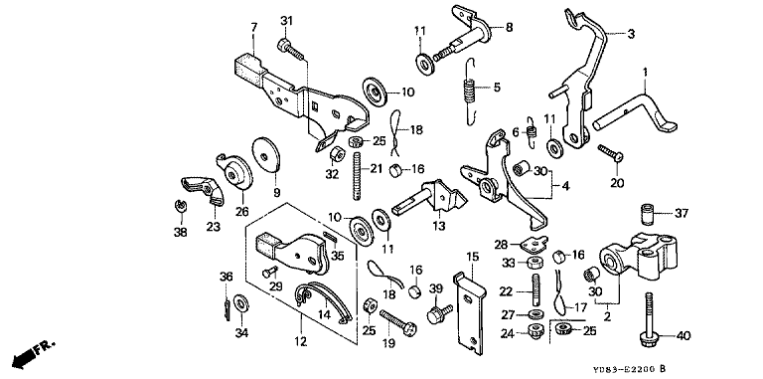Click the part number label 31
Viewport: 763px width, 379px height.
coord(287,21)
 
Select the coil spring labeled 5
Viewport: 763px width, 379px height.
coord(469,92)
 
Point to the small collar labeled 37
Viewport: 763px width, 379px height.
coord(646,214)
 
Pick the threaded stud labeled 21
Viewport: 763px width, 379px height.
coord(359,175)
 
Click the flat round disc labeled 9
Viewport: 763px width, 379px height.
coord(266,154)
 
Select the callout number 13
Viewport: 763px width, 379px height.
coord(439,226)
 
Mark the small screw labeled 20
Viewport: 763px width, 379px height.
coord(611,152)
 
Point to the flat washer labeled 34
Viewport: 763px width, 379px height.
coord(240,304)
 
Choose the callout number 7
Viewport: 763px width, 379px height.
coord(253,28)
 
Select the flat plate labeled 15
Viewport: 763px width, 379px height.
coord(470,311)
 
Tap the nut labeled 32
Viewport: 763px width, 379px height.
coord(335,155)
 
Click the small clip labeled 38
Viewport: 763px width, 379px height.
coord(180,206)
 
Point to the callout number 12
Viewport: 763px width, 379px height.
coord(301,341)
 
